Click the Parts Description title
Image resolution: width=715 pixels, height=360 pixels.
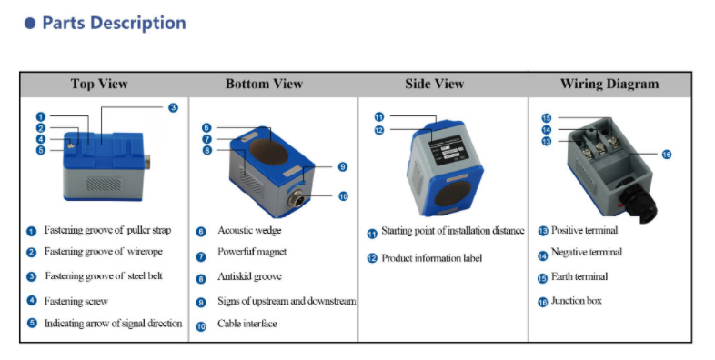click(114, 24)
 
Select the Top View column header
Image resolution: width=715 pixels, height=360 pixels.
click(99, 85)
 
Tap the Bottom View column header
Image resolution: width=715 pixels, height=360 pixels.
click(264, 85)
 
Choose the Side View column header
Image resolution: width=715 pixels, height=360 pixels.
click(435, 85)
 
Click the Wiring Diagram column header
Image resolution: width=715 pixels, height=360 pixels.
click(609, 85)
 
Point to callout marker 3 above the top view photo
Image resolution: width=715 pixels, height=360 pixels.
click(173, 108)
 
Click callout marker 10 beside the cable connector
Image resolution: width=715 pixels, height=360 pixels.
click(343, 195)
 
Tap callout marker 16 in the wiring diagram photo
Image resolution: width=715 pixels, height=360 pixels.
click(667, 155)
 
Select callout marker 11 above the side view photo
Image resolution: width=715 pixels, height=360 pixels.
click(379, 117)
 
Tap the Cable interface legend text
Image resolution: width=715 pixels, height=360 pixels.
click(247, 324)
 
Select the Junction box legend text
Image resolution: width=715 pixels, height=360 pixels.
click(576, 301)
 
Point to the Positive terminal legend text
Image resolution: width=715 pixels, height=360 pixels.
click(585, 231)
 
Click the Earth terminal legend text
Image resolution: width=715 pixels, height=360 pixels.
click(579, 276)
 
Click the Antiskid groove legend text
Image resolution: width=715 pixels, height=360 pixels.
click(249, 276)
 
